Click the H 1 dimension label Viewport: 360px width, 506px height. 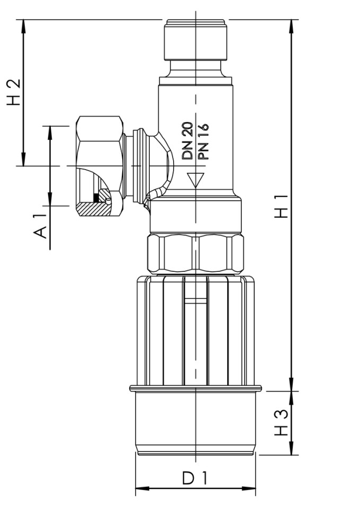pyautogui.click(x=284, y=206)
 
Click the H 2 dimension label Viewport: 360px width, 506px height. pyautogui.click(x=14, y=92)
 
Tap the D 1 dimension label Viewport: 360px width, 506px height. pyautogui.click(x=195, y=478)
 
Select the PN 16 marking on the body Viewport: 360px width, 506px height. pyautogui.click(x=202, y=141)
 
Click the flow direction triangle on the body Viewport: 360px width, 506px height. pyautogui.click(x=196, y=179)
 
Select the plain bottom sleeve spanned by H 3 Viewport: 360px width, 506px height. pyautogui.click(x=195, y=421)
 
